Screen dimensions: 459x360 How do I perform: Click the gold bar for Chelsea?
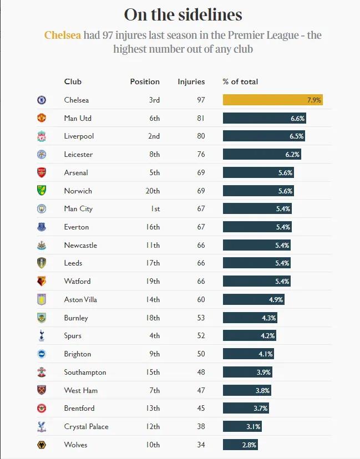click(272, 100)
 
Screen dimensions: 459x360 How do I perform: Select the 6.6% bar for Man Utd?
click(264, 118)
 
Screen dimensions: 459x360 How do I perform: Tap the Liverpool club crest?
click(42, 136)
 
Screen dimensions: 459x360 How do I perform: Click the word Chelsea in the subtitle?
click(62, 35)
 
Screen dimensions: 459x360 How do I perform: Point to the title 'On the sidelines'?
click(182, 14)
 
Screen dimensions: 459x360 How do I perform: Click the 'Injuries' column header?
click(191, 81)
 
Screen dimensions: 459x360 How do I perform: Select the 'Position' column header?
click(145, 81)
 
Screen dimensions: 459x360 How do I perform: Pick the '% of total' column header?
click(240, 81)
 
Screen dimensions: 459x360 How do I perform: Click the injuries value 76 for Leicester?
click(200, 154)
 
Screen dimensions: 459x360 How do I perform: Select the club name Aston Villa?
click(80, 299)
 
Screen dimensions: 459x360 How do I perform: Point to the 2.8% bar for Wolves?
click(240, 445)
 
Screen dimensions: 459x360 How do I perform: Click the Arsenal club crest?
click(42, 172)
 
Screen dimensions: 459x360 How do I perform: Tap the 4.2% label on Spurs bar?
click(267, 335)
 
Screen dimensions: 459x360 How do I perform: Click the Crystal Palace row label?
click(86, 426)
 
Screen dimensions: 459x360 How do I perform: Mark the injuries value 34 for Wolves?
click(200, 445)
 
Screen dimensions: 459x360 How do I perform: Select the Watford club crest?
click(42, 281)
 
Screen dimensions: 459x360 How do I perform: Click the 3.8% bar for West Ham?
click(247, 390)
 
